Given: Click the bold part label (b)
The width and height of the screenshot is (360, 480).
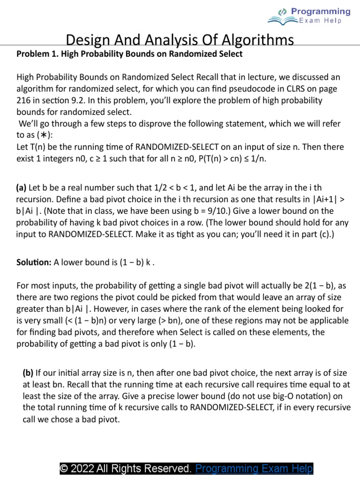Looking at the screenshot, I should (x=28, y=373).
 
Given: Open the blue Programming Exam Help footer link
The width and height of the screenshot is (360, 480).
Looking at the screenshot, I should (x=254, y=468).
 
